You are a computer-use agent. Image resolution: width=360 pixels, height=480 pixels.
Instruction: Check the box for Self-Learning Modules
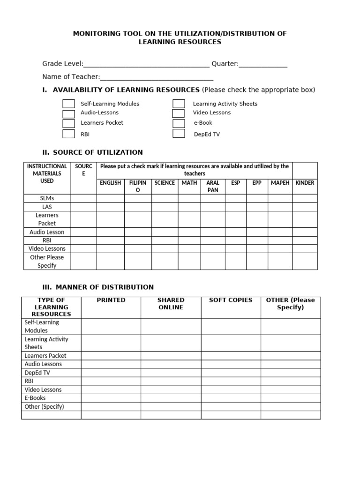click(x=68, y=104)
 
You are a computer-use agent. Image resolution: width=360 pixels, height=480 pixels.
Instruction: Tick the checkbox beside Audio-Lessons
click(x=68, y=113)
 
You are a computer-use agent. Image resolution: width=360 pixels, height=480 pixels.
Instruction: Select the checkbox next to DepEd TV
click(x=179, y=134)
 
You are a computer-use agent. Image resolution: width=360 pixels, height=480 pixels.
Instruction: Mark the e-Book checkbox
click(x=179, y=123)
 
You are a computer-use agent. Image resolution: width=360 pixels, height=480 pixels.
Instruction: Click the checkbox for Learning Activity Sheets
click(x=179, y=104)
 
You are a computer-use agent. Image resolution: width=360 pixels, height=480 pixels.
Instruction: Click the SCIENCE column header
click(x=165, y=183)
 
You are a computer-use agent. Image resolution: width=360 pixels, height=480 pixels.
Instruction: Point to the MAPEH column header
click(x=280, y=183)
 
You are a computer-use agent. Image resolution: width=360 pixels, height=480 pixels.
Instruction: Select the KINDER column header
click(x=305, y=183)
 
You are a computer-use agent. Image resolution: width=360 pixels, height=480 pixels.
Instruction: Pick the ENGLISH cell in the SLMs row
click(x=111, y=198)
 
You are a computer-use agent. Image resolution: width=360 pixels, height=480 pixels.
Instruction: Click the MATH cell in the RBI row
click(x=189, y=240)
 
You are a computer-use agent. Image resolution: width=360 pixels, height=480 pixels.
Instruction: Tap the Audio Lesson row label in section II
click(x=47, y=232)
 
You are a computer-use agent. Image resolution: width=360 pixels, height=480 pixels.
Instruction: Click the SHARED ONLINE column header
click(x=171, y=304)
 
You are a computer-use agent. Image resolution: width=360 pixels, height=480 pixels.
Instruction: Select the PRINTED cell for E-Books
click(x=111, y=398)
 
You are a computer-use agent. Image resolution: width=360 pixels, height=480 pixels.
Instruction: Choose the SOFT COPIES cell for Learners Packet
click(x=231, y=356)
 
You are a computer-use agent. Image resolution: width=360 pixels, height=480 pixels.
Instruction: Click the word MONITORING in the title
click(x=96, y=34)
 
